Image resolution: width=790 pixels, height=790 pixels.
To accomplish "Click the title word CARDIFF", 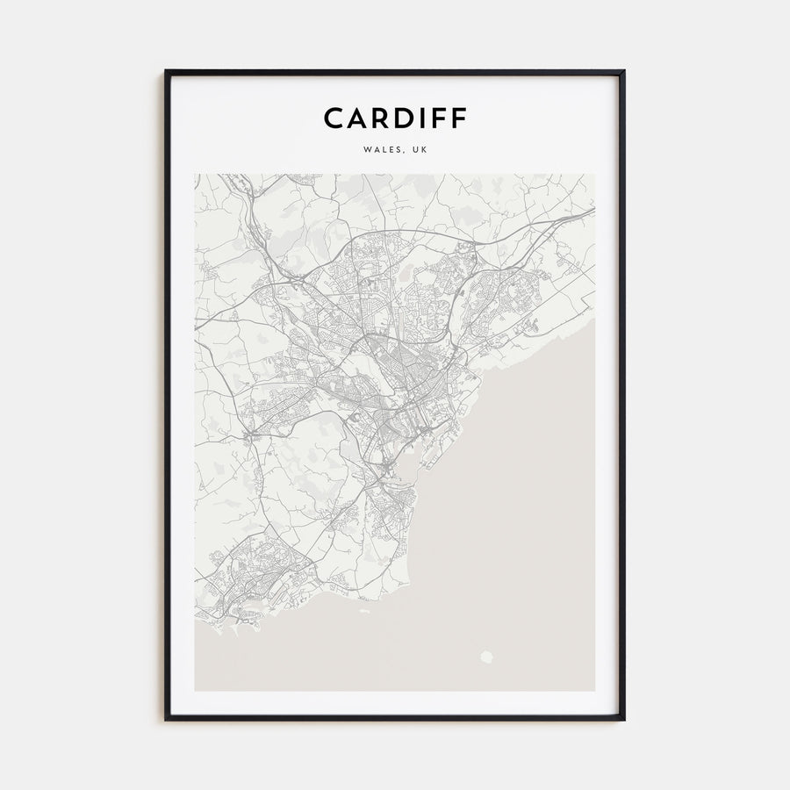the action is (x=395, y=118).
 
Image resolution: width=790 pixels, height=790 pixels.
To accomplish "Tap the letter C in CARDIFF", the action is (x=334, y=118).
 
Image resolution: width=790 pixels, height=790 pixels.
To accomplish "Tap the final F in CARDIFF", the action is (x=459, y=118).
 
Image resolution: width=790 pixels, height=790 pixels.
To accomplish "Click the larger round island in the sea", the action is (x=486, y=655).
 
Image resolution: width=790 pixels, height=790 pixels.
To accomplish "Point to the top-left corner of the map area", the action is (x=196, y=175).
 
